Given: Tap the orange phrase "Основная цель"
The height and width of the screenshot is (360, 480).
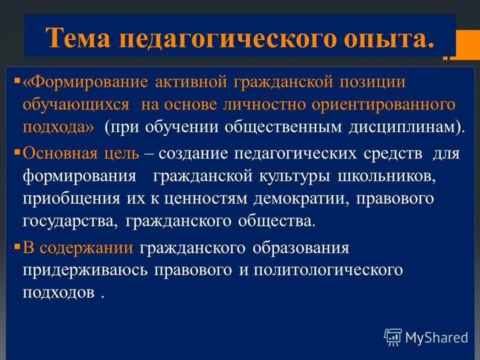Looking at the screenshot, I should pos(81,153).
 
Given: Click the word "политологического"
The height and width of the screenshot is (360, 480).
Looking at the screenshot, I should pos(327,269).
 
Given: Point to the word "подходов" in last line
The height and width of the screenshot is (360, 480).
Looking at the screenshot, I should pos(58,292).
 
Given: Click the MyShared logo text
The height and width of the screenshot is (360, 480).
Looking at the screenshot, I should pos(436,337).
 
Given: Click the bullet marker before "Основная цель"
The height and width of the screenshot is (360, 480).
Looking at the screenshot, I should pos(17,150).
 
